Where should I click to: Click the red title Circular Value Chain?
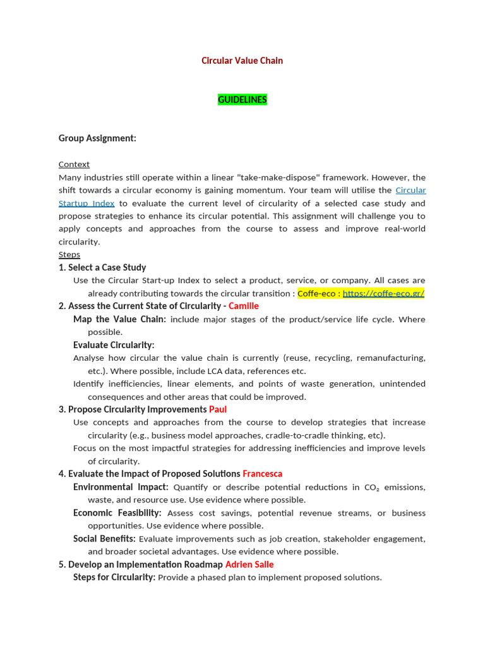(x=242, y=61)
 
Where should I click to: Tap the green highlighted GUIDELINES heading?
(x=242, y=100)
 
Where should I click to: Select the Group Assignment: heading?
(x=97, y=138)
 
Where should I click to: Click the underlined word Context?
(x=74, y=164)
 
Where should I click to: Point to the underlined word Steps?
(x=69, y=255)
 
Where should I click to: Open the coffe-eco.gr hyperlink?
(x=383, y=293)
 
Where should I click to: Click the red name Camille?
(x=244, y=306)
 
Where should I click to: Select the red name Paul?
(x=218, y=409)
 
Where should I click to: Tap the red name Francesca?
(x=263, y=474)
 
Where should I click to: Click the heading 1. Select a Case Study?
(x=102, y=267)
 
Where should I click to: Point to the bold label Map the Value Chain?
(x=120, y=319)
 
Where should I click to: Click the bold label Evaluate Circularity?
(x=114, y=345)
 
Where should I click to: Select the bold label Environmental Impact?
(x=121, y=487)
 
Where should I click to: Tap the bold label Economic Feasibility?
(x=117, y=513)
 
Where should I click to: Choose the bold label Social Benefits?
(x=104, y=539)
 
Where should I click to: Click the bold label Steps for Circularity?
(x=114, y=577)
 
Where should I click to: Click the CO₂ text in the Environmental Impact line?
(x=371, y=488)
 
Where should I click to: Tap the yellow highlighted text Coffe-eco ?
(x=319, y=293)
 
